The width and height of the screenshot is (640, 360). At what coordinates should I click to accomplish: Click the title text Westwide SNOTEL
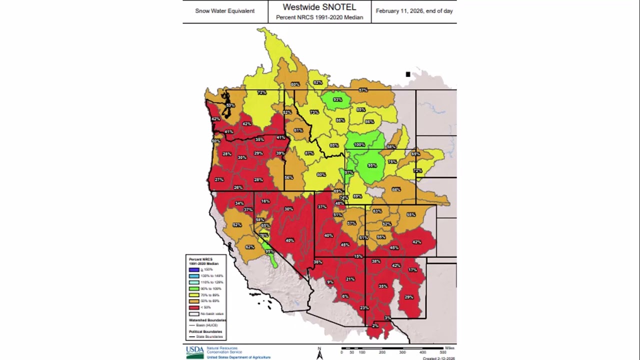pos(319,7)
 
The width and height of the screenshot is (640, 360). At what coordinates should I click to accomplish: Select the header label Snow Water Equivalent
pos(224,11)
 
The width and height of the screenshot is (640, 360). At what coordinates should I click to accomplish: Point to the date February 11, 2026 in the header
pos(414,11)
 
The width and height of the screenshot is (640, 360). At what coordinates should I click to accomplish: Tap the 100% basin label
pos(359,144)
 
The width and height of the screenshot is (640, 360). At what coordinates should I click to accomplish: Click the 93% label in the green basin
pos(337,99)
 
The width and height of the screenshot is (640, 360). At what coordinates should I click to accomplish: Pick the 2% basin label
pos(375,326)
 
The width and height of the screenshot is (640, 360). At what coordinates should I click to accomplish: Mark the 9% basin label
pos(330,282)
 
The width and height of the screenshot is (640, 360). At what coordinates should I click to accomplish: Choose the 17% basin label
pos(412,270)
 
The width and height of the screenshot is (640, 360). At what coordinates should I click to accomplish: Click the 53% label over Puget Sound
pos(229,105)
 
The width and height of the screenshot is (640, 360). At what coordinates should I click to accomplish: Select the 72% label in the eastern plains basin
pos(417,171)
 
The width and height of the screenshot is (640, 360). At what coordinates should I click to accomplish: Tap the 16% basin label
pos(265,201)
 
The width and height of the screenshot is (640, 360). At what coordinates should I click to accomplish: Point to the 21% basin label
pos(350,279)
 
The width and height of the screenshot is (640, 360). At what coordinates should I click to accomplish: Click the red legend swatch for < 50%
pos(194,307)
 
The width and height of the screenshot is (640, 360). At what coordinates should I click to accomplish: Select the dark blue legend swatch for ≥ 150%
pos(194,269)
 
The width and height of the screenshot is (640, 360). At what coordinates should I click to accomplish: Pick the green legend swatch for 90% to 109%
pos(194,288)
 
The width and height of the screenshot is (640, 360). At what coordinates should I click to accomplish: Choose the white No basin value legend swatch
pos(194,314)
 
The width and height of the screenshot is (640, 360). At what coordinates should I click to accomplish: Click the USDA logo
pos(194,351)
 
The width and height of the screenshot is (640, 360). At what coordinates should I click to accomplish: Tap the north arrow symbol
pos(319,353)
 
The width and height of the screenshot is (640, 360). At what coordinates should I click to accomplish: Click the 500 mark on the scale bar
pos(443,352)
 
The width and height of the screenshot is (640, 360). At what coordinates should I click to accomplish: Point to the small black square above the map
pos(408,74)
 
